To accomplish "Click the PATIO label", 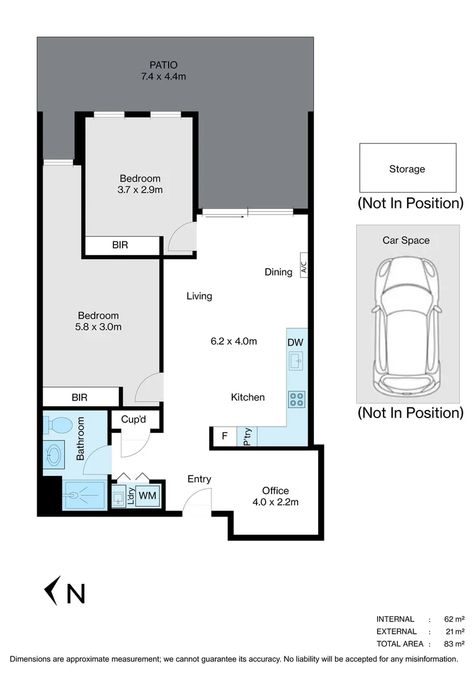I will point(164,65).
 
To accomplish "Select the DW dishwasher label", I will point(295,342).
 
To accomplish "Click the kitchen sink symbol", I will point(296,361).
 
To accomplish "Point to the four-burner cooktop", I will point(296,398).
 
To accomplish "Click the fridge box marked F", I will point(224,436).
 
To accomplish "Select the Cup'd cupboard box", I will point(133,420).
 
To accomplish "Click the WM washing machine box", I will point(148,496).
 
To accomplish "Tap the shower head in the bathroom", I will point(74,496).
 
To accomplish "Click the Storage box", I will point(407,168).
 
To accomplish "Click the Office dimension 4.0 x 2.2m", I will point(275,502).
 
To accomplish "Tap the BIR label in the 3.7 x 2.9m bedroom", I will point(120,246).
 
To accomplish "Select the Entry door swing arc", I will point(197,499).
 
